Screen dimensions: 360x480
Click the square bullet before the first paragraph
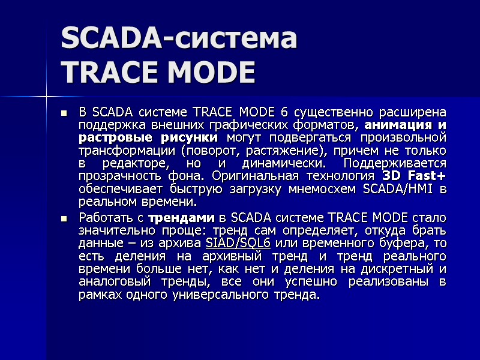[64, 112]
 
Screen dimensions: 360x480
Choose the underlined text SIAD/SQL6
[238, 243]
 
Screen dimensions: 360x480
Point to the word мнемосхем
[328, 190]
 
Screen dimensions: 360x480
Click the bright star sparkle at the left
[46, 95]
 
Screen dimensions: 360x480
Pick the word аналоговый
[111, 283]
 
